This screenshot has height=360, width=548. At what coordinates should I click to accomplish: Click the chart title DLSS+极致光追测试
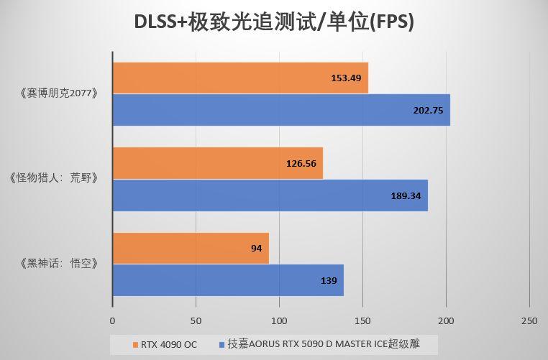point(274,22)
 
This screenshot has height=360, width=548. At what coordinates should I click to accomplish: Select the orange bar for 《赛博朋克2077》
point(240,78)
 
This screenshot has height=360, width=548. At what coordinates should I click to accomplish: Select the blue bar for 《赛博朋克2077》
point(281,110)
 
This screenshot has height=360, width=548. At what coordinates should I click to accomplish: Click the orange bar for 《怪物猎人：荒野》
point(217,163)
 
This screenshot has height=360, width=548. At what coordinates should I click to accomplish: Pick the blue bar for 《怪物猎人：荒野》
point(270,195)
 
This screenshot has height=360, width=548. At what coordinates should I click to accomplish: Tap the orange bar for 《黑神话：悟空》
point(191,248)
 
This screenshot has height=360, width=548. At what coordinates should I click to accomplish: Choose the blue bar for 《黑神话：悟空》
point(228,280)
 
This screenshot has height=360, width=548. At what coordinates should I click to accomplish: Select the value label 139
point(329,280)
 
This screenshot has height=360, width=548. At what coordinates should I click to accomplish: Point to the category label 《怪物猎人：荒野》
point(55,179)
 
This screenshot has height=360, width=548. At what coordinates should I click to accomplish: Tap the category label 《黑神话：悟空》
point(55,264)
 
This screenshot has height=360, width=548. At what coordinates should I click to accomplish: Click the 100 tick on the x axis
point(279,320)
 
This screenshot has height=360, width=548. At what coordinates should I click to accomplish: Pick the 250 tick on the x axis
point(529,320)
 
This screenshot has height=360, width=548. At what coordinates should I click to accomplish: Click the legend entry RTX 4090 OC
point(163,343)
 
